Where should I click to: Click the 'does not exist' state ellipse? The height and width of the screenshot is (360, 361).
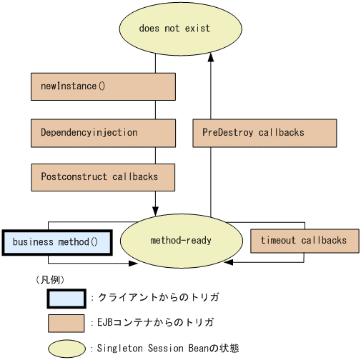click(x=174, y=29)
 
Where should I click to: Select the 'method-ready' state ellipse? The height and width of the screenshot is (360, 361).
click(x=180, y=240)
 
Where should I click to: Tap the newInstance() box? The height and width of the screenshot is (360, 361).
click(x=103, y=86)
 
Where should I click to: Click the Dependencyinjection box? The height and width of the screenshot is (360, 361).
click(x=103, y=133)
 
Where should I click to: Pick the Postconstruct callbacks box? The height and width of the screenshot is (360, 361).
click(x=103, y=177)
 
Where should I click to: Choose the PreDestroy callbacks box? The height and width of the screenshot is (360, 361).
click(x=264, y=133)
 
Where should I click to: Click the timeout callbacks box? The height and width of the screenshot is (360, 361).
click(x=305, y=241)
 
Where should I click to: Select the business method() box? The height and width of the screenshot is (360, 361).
click(x=56, y=241)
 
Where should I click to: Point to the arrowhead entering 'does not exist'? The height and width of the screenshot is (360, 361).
click(x=210, y=60)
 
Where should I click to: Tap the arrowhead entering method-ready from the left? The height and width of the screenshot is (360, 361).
click(x=132, y=264)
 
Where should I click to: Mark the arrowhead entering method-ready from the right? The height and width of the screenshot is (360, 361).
click(x=228, y=264)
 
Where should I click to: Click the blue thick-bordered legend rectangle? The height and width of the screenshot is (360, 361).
click(x=66, y=298)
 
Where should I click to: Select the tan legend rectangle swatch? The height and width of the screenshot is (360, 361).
click(x=66, y=323)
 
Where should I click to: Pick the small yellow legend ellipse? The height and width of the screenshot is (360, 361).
click(x=66, y=349)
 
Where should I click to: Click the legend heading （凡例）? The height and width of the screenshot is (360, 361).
click(x=50, y=279)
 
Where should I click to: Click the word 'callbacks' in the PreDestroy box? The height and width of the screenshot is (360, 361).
click(x=282, y=133)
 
